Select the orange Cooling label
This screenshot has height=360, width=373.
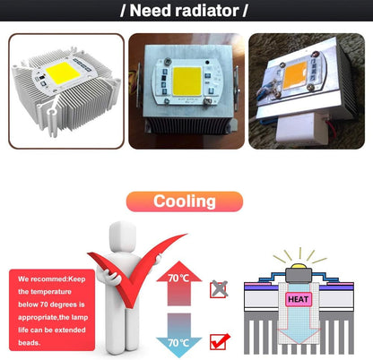[185, 201]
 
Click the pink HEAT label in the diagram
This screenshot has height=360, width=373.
[299, 299]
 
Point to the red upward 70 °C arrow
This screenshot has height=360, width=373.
[178, 283]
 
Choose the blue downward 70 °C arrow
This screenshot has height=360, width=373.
[178, 335]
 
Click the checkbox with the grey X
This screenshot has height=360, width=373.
[219, 289]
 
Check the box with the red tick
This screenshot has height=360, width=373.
[219, 341]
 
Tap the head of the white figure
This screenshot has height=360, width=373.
[123, 236]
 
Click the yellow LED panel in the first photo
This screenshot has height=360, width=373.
[63, 73]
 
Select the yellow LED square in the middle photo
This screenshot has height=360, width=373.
[187, 81]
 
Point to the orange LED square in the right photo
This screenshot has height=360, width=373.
[295, 75]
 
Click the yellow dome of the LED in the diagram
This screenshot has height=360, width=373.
[299, 266]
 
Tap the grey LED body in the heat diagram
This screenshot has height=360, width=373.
[299, 275]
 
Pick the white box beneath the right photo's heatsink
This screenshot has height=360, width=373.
[301, 129]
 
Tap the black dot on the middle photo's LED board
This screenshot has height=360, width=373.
[207, 63]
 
